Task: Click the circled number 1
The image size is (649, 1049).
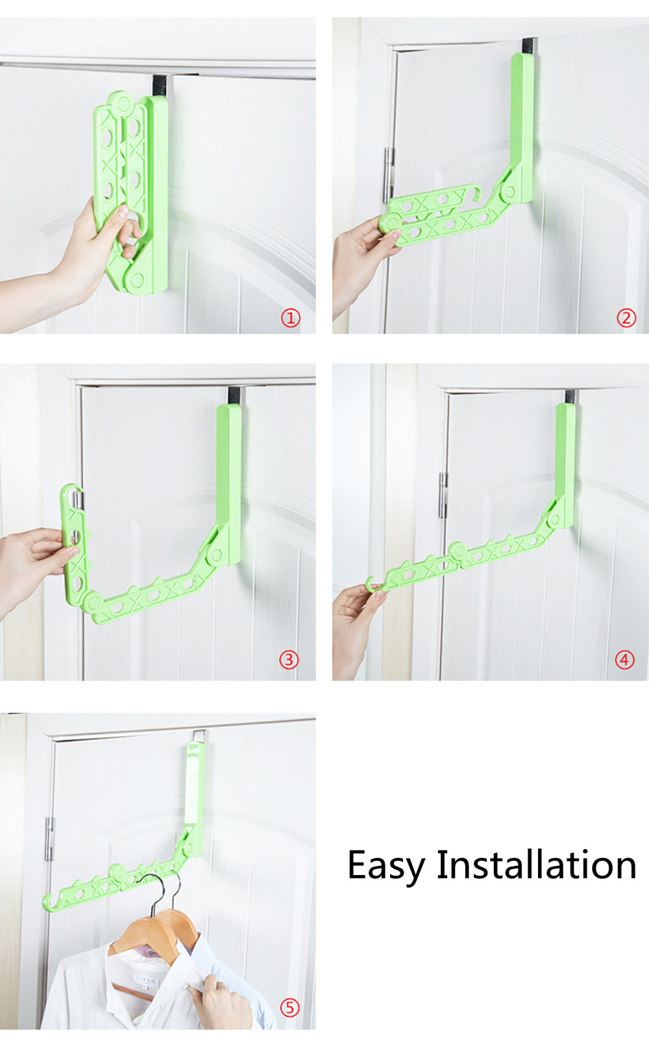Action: [x=290, y=319]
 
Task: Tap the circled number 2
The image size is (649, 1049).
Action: [x=626, y=319]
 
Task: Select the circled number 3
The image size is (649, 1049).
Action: [x=289, y=660]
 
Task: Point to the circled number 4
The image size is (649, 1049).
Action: [x=624, y=660]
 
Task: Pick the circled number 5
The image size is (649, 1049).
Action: [x=289, y=1008]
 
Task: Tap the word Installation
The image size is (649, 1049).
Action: [x=537, y=864]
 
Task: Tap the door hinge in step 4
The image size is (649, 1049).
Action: [x=443, y=495]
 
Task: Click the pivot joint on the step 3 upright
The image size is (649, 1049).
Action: [x=216, y=556]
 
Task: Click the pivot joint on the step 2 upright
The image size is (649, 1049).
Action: [x=509, y=191]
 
